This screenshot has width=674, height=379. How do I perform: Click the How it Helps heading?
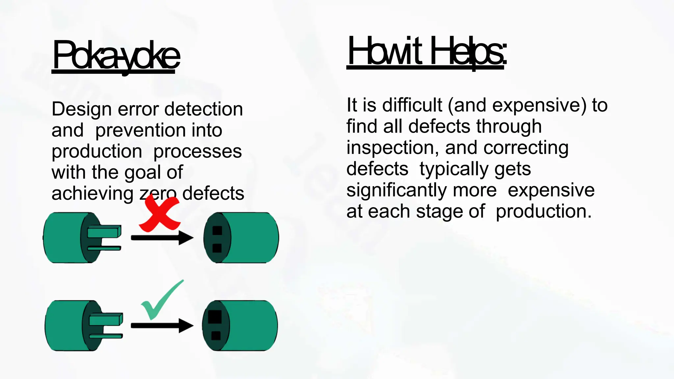(x=427, y=52)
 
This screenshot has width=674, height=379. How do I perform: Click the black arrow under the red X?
(x=162, y=238)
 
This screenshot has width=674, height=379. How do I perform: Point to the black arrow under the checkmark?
(x=162, y=325)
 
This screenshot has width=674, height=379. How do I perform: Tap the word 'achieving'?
(x=92, y=193)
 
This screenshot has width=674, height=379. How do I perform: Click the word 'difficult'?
(x=412, y=105)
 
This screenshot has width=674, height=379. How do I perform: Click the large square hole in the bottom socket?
(x=215, y=317)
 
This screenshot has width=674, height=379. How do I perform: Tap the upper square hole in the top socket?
(x=217, y=230)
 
